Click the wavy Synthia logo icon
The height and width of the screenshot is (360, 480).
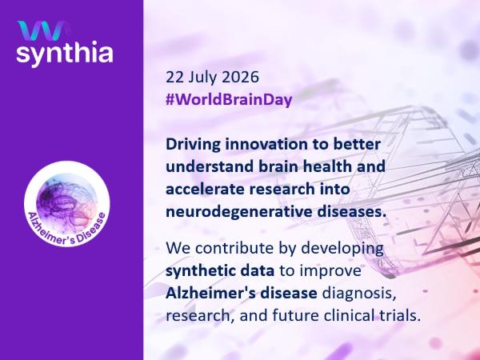[x=42, y=30]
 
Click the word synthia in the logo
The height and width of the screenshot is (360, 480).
[x=65, y=54]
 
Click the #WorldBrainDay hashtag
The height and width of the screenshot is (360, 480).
[x=229, y=99]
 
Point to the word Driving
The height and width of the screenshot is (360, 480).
[x=193, y=145]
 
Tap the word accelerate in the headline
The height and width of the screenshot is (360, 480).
[x=205, y=189]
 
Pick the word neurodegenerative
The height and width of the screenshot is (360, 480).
[x=238, y=212]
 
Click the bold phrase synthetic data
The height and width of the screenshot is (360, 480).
[x=220, y=271]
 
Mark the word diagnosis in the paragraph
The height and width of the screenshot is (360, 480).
[x=358, y=294]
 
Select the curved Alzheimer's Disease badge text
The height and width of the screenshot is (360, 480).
[x=68, y=230]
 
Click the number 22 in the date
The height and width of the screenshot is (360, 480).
[x=174, y=77]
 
